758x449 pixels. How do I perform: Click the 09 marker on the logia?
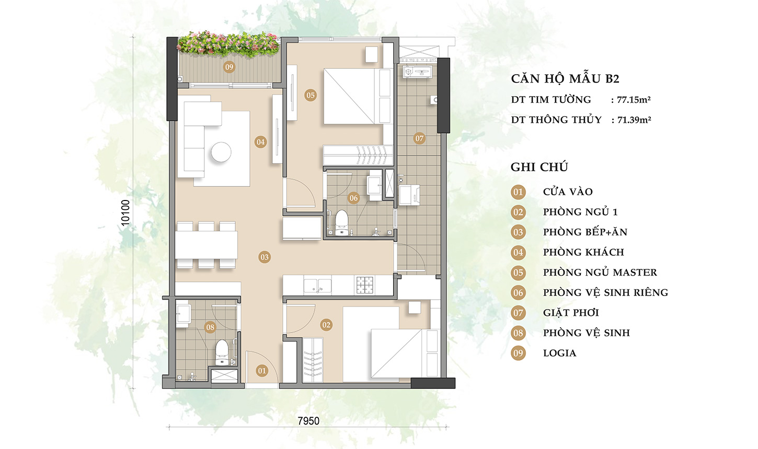[x=229, y=67]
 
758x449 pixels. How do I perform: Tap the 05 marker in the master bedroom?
[x=311, y=95]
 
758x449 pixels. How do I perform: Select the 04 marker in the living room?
[x=260, y=142]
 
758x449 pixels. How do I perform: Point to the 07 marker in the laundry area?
[x=419, y=138]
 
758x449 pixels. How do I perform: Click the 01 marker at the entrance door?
[x=262, y=371]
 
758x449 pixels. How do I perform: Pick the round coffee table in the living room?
[x=221, y=152]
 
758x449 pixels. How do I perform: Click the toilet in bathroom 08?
[x=222, y=352]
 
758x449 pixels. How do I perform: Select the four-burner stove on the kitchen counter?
[x=365, y=285]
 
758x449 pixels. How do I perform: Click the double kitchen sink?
[x=317, y=286]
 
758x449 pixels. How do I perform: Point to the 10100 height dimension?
[x=125, y=213]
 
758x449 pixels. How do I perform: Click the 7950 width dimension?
[x=308, y=421]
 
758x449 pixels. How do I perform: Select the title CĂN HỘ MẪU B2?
[x=565, y=79]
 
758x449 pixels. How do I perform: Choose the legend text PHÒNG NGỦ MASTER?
[x=600, y=273]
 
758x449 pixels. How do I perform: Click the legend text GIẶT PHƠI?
[x=571, y=313]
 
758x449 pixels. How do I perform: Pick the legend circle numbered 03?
[x=518, y=232]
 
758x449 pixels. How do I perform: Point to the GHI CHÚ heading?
[x=539, y=167]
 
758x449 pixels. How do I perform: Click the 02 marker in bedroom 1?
[x=326, y=325]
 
